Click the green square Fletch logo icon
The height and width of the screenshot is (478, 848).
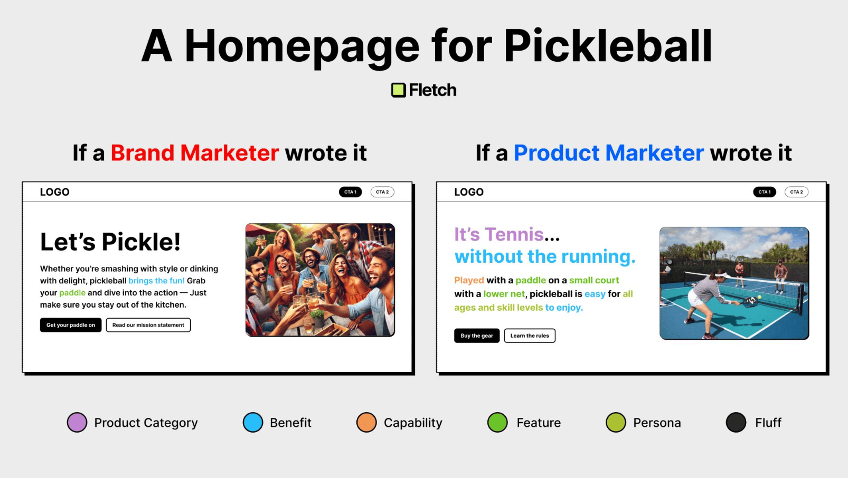pos(398,90)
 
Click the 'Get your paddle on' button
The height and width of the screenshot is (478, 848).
pos(71,325)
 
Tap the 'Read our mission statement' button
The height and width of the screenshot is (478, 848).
pos(148,325)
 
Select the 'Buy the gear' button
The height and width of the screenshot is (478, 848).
pos(477,336)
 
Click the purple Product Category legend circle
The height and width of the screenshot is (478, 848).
pos(77,423)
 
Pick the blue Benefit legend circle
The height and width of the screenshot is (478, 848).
pos(252,423)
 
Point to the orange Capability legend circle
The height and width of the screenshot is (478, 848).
pos(366,423)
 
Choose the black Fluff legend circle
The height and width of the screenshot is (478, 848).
pos(736,423)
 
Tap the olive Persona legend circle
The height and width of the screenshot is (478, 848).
pos(616,423)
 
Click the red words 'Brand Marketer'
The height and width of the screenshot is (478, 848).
pos(195,153)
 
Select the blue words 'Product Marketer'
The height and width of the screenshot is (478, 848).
pos(609,153)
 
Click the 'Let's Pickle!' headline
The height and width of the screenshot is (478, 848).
pos(110,242)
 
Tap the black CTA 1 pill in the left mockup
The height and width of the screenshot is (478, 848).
pos(350,192)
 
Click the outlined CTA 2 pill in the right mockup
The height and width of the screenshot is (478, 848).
pos(796,192)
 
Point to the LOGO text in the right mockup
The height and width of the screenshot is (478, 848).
pos(469,192)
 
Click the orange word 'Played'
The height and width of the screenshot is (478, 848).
pos(469,280)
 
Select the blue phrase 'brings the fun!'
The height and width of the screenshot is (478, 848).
pos(156,281)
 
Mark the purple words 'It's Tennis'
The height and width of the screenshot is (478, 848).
pos(499,234)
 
